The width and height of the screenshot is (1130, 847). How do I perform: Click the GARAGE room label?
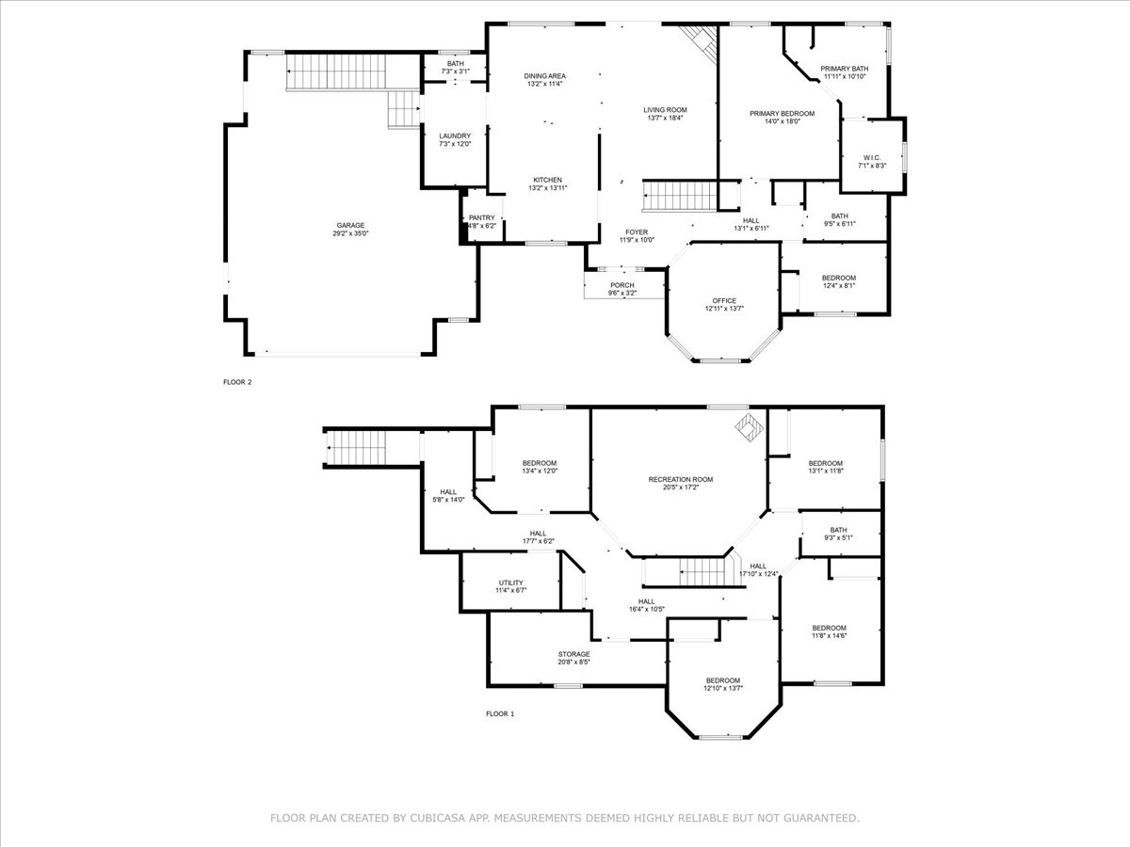[x=350, y=225]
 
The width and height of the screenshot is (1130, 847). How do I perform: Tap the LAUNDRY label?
[x=455, y=136]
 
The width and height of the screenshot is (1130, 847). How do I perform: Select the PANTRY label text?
[x=482, y=217]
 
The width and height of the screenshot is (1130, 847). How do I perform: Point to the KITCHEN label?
[x=548, y=180]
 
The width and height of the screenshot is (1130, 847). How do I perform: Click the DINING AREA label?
[x=545, y=76]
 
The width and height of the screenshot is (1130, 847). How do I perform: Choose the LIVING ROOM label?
[x=665, y=109]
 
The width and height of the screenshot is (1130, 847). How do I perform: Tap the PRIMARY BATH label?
[x=845, y=69]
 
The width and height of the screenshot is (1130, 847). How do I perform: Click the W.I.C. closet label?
[x=872, y=157]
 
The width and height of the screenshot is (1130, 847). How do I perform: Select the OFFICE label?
[x=724, y=300]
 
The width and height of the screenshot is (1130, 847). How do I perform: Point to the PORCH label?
[x=622, y=285]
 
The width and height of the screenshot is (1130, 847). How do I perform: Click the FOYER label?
[x=637, y=232]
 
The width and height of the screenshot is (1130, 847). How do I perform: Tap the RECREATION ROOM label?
[x=681, y=479]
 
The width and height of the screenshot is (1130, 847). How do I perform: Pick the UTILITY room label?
[x=510, y=583]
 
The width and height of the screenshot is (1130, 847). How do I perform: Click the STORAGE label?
[x=574, y=654]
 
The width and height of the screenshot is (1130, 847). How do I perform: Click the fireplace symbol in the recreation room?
[x=749, y=426]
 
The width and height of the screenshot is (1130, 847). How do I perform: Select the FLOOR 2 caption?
[x=237, y=382]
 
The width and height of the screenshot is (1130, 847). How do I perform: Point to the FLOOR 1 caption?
[x=500, y=713]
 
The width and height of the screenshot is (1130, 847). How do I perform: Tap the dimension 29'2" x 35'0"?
[x=350, y=233]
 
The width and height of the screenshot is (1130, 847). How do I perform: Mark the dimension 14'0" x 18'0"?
[x=782, y=122]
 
